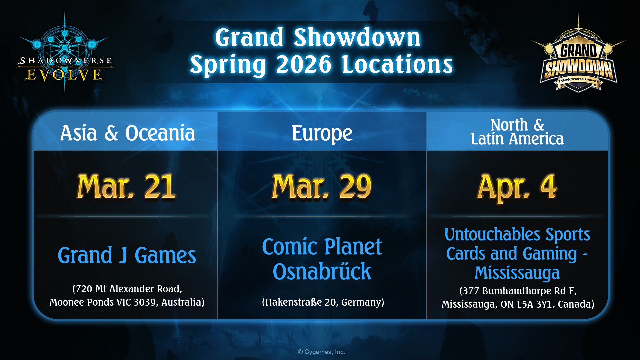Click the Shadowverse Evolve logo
click(65, 52)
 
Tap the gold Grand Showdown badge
click(579, 55)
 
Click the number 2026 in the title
click(304, 64)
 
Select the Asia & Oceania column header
click(128, 133)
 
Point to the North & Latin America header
click(517, 132)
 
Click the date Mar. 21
click(126, 187)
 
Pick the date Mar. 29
click(322, 187)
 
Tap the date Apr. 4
click(517, 187)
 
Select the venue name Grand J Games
click(127, 256)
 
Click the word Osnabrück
click(322, 271)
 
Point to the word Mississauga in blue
click(517, 273)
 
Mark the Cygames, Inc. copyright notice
click(321, 352)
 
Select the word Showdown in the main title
click(357, 37)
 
